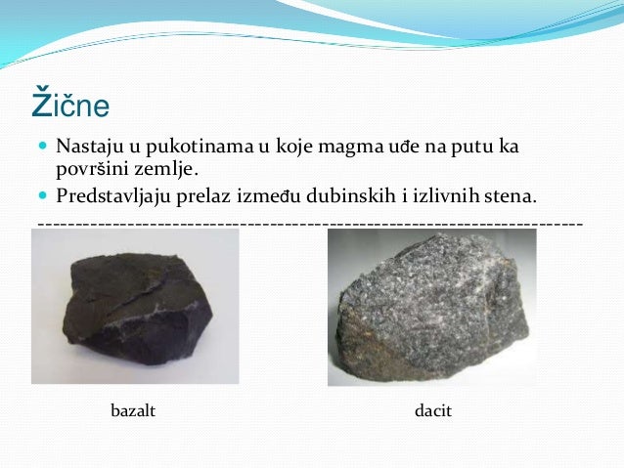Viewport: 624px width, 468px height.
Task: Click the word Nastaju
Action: point(87,149)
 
